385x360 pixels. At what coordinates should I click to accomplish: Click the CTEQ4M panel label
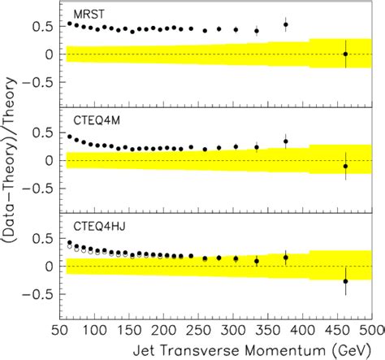click(92, 121)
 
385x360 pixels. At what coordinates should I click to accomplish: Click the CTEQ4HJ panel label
click(95, 228)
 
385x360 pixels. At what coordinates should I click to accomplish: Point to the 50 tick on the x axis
click(60, 332)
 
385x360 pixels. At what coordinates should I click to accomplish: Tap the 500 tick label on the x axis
click(372, 332)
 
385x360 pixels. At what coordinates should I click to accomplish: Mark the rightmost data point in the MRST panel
click(345, 54)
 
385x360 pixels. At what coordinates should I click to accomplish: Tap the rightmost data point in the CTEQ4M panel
click(345, 166)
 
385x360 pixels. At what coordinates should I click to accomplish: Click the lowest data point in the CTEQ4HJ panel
click(345, 281)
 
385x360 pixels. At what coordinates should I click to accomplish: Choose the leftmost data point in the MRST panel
click(69, 24)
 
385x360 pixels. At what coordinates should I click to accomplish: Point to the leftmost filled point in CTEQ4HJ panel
click(69, 243)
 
